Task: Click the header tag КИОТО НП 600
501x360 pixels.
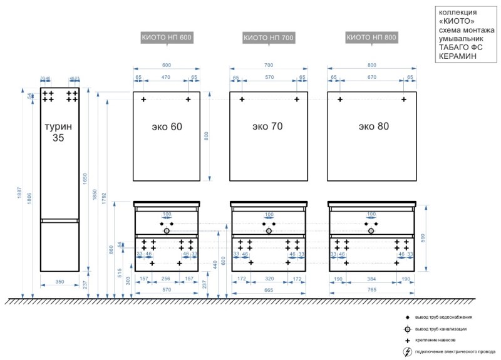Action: pyautogui.click(x=167, y=38)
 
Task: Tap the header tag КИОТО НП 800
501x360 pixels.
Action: pyautogui.click(x=371, y=38)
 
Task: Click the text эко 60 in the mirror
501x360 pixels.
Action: pyautogui.click(x=167, y=126)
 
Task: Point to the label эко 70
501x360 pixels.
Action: pyautogui.click(x=268, y=126)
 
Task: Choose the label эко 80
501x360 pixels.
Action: pyautogui.click(x=374, y=126)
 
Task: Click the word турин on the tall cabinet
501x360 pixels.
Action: pyautogui.click(x=59, y=126)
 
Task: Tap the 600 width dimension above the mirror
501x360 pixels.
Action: pyautogui.click(x=167, y=66)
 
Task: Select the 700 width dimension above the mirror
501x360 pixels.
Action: pyautogui.click(x=269, y=66)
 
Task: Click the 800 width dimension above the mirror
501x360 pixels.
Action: pyautogui.click(x=372, y=66)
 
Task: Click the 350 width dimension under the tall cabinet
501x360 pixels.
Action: pyautogui.click(x=59, y=282)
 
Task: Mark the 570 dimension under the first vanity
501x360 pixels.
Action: pyautogui.click(x=167, y=291)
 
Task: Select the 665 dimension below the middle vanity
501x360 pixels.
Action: pyautogui.click(x=269, y=291)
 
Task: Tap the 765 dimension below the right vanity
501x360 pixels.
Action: pyautogui.click(x=372, y=291)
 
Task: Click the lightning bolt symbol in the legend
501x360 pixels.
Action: pyautogui.click(x=408, y=351)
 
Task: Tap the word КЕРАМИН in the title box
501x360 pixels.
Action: pyautogui.click(x=458, y=56)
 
